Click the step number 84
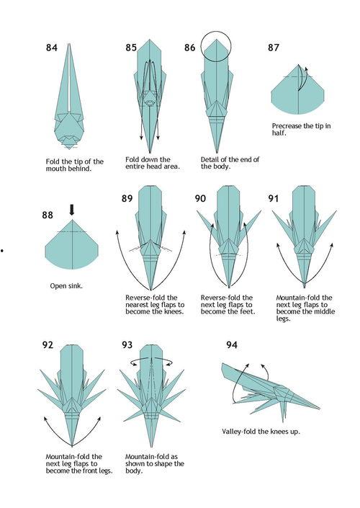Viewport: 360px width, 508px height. click(x=51, y=48)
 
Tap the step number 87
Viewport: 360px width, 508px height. click(x=273, y=48)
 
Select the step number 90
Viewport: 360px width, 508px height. click(x=200, y=198)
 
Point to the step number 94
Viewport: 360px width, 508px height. click(x=232, y=344)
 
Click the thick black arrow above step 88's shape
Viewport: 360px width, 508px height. click(x=72, y=210)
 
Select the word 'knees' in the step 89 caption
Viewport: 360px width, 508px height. click(x=174, y=312)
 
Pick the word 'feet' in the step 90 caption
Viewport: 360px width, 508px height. click(x=248, y=312)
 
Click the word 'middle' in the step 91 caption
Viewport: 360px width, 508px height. click(x=325, y=312)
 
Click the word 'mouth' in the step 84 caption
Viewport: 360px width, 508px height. click(x=55, y=169)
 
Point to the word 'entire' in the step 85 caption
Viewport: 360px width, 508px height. click(x=135, y=166)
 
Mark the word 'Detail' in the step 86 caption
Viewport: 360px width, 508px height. click(x=210, y=159)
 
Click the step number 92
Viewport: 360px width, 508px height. click(x=48, y=344)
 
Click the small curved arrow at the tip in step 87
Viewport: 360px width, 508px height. click(x=302, y=77)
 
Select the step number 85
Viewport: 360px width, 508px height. click(x=131, y=48)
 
